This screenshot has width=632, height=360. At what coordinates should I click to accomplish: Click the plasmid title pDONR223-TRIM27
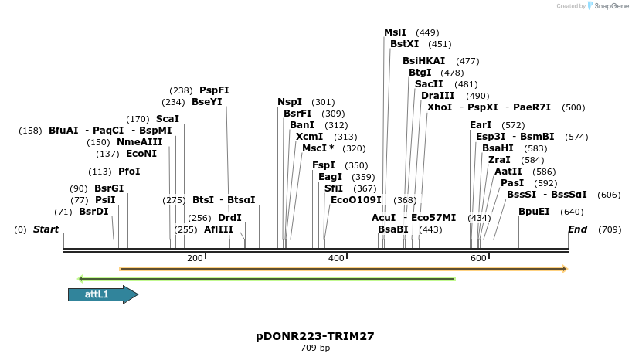tap(315, 336)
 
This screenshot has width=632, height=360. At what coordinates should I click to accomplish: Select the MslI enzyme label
tap(395, 32)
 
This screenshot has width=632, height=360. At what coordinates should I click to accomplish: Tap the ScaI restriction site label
tap(167, 119)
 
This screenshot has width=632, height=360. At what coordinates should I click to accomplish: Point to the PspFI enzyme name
tap(214, 90)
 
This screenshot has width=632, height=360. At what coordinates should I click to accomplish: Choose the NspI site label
tap(290, 102)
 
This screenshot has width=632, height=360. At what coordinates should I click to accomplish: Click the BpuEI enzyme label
tap(534, 212)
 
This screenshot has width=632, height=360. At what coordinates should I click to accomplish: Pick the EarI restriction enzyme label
tap(481, 125)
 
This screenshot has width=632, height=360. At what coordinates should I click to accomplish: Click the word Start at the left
tap(46, 229)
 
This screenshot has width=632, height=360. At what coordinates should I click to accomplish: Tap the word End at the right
tap(577, 229)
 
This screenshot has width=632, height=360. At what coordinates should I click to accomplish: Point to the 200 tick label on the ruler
tap(195, 258)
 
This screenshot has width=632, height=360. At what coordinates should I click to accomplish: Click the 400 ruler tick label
tap(336, 258)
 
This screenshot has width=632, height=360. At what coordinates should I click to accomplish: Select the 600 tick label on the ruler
tap(478, 258)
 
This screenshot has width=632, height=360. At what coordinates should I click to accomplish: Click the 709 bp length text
tap(315, 348)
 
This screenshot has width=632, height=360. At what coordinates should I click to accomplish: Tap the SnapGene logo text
tap(610, 6)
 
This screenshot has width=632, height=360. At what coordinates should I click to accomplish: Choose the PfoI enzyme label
tap(129, 172)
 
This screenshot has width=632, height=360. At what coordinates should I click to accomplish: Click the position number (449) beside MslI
tap(427, 32)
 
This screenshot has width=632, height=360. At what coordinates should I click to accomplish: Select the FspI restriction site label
tap(323, 165)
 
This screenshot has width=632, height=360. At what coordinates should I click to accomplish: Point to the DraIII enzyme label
tap(437, 96)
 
